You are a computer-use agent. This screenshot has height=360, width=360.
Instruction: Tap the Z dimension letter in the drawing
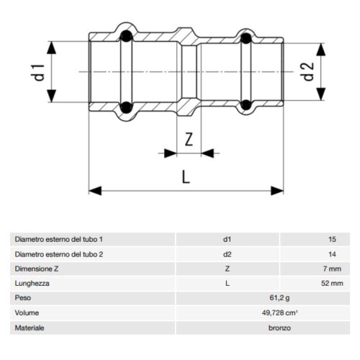tap(189, 140)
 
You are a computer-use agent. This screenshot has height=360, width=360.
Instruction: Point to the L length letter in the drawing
tap(185, 176)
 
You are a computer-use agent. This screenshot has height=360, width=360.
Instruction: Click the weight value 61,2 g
tap(227, 298)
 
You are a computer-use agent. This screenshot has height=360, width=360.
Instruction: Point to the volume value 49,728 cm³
tap(227, 313)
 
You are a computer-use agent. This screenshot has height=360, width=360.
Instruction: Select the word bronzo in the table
tap(227, 328)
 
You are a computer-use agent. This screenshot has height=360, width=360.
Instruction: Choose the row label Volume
tap(26, 313)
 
